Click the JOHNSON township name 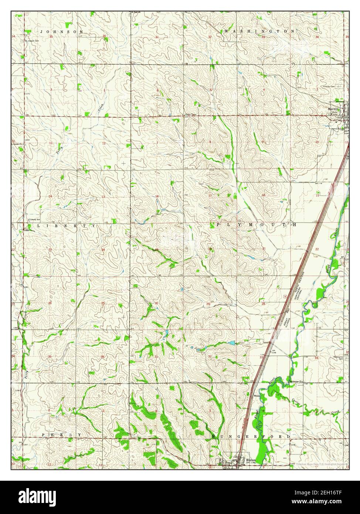(62, 32)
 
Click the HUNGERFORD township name (251, 437)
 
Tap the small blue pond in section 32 (231, 343)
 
